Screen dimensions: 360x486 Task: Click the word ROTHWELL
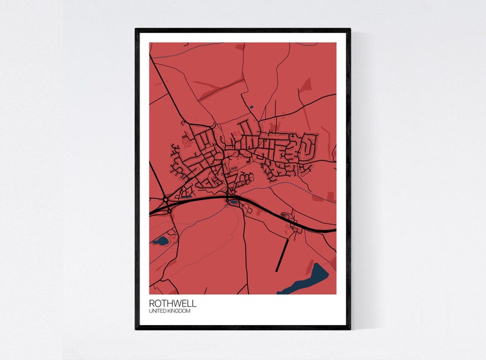[x=173, y=303]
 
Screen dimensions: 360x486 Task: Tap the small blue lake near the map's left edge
[x=161, y=241]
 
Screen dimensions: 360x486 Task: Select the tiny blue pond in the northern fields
[x=252, y=108]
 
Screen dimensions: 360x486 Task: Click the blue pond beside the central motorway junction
[x=233, y=201]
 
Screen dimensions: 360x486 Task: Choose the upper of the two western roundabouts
[x=166, y=199]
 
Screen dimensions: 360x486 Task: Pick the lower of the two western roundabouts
[x=169, y=209]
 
